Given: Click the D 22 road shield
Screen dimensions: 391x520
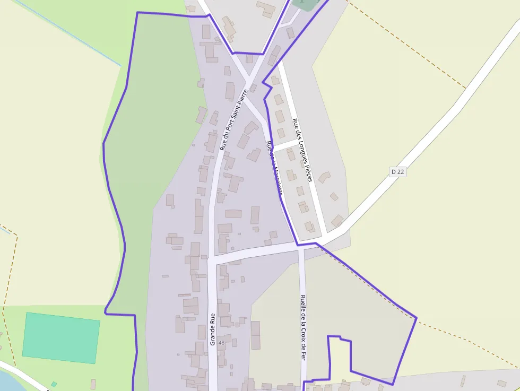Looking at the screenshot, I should pos(398,171).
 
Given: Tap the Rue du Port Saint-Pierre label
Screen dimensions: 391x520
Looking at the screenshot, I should pos(234,120).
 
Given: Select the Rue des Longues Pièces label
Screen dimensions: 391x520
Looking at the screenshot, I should pos(302,150).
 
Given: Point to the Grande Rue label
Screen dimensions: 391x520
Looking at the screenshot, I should pos(213,329).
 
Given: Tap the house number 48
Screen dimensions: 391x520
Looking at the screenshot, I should pos(221,343).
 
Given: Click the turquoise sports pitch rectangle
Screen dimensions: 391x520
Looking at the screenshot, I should pos(61,337).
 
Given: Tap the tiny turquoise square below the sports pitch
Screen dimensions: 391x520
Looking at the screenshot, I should pos(54,384).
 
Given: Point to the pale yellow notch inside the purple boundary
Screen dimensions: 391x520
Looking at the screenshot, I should pos(339,358).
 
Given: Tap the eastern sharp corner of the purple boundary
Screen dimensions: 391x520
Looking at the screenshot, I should pos(416,318).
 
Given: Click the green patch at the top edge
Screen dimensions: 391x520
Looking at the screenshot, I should pos(304,4).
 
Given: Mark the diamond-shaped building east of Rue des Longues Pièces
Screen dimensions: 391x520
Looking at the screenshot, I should pos(334,196).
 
